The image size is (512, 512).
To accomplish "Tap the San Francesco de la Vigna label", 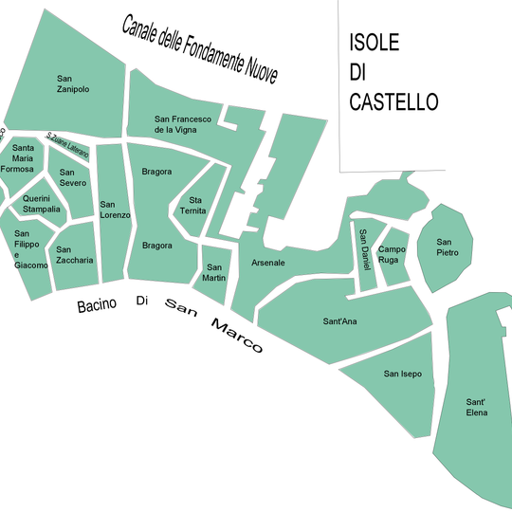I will point(182,124).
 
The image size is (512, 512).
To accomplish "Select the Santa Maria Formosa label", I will point(23,158).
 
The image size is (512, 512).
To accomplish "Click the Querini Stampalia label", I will point(42,204).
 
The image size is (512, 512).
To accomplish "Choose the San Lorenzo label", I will point(115,210).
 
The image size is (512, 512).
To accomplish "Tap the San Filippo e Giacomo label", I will point(27,249).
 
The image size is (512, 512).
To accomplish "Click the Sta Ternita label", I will point(196,206).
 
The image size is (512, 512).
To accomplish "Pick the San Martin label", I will point(215,272).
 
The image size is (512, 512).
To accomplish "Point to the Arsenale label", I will point(267,263).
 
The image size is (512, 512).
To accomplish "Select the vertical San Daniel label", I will point(364,249).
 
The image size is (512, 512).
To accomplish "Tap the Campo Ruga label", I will point(392,254).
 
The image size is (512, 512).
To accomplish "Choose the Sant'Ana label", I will point(339,321).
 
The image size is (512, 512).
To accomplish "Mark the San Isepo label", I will point(402,374).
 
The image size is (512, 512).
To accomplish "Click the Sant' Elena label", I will point(476,408).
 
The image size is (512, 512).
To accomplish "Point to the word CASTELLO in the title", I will point(393,101).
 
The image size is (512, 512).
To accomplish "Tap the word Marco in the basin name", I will point(236,335).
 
